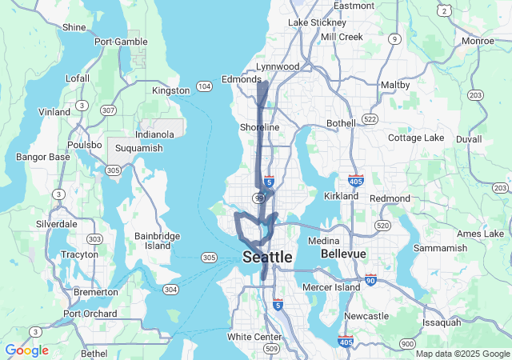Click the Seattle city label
click(x=267, y=258)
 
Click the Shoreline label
click(x=259, y=127)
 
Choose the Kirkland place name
click(x=341, y=196)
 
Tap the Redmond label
click(x=390, y=198)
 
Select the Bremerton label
click(x=95, y=292)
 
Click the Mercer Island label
click(x=332, y=286)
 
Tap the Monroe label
click(x=478, y=41)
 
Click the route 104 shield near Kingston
click(x=204, y=86)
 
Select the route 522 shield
click(x=369, y=118)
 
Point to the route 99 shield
click(x=259, y=198)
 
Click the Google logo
click(x=26, y=350)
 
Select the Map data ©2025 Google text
click(x=462, y=354)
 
